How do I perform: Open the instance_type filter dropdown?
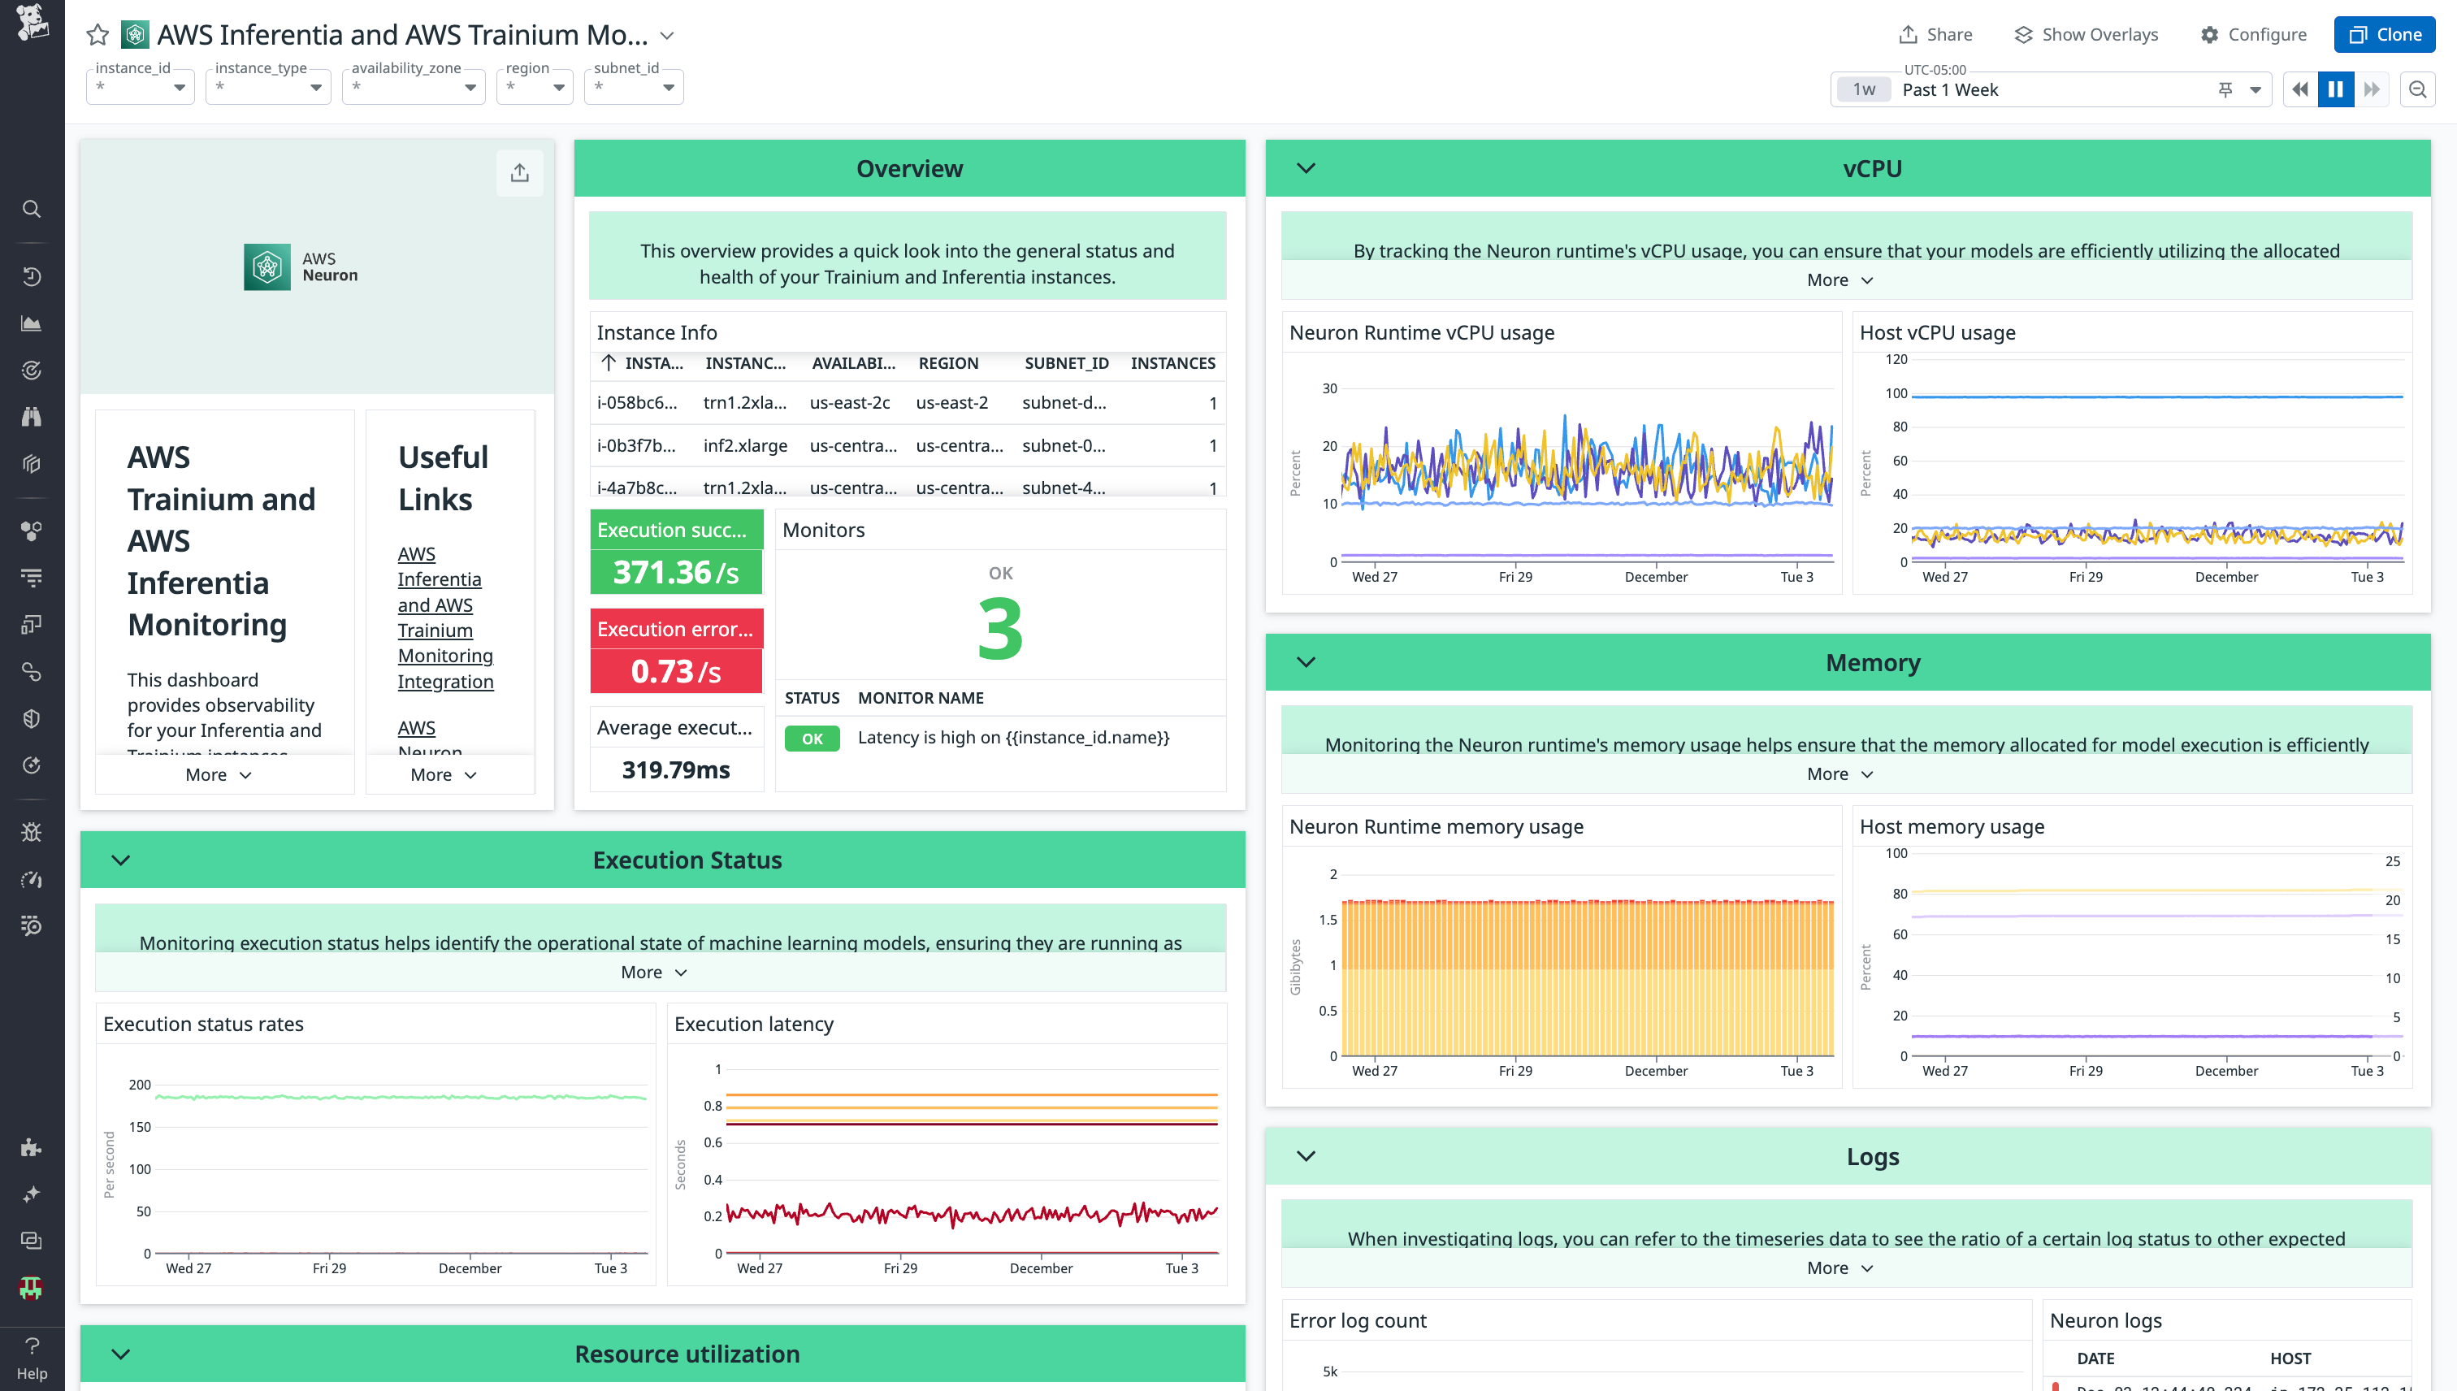268,87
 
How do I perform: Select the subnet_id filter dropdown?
634,87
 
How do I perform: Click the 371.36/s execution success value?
675,572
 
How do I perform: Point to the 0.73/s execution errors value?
675,672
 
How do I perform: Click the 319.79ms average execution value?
675,770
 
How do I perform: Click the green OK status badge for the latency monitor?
812,739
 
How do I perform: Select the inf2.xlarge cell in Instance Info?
745,445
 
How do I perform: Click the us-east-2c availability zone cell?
849,403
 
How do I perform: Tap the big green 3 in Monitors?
1000,629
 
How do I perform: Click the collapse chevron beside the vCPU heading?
1306,169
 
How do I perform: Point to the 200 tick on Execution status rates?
140,1085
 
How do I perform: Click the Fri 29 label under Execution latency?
900,1268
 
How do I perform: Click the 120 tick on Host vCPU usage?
1896,360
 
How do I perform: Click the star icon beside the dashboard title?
97,36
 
